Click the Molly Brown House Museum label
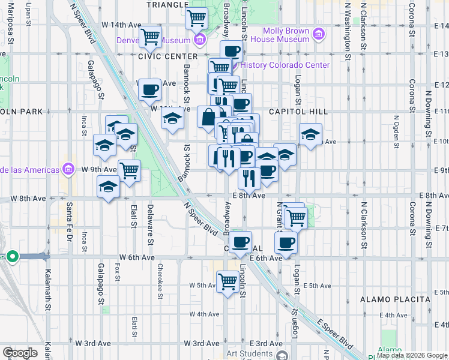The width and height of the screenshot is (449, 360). click(286, 35)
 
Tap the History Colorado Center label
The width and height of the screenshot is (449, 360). click(285, 65)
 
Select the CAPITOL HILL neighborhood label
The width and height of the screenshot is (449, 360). click(298, 112)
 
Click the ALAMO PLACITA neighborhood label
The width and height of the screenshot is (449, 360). click(395, 299)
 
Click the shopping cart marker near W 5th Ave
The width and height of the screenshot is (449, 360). click(228, 280)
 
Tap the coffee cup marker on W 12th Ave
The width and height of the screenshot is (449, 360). click(149, 90)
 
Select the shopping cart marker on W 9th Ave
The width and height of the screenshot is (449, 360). click(129, 170)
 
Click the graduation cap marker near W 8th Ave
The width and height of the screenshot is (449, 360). click(108, 187)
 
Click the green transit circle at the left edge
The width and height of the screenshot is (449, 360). click(13, 256)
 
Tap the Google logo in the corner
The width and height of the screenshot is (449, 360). click(20, 353)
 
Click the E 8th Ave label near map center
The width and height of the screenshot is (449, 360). click(249, 196)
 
